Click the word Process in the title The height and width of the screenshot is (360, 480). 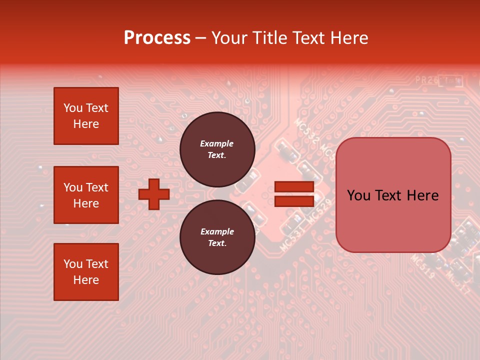pyautogui.click(x=157, y=38)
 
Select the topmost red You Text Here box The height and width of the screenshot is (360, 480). pyautogui.click(x=86, y=116)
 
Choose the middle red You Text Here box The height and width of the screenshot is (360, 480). pyautogui.click(x=86, y=195)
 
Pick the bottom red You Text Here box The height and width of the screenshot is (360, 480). pyautogui.click(x=86, y=272)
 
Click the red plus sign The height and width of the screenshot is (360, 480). pyautogui.click(x=154, y=194)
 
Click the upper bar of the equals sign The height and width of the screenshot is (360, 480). pyautogui.click(x=294, y=186)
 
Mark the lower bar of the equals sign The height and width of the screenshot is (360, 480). pyautogui.click(x=294, y=201)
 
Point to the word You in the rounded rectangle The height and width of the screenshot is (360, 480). pyautogui.click(x=358, y=195)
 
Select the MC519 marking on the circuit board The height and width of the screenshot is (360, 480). pyautogui.click(x=422, y=266)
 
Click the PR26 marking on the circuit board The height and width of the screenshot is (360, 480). pyautogui.click(x=426, y=79)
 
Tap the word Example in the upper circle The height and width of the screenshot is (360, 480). pyautogui.click(x=217, y=143)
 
